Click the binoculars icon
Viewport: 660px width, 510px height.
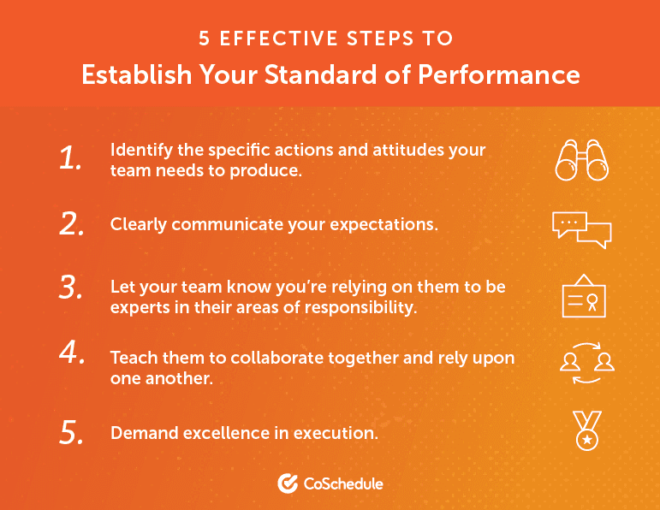click(x=581, y=159)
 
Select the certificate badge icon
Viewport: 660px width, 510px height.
click(x=581, y=296)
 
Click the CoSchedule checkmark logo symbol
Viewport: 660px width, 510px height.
click(x=288, y=483)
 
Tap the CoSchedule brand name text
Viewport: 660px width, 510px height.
click(x=343, y=484)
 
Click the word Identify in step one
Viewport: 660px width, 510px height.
click(x=139, y=150)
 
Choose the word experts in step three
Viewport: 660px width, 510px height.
click(x=137, y=307)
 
